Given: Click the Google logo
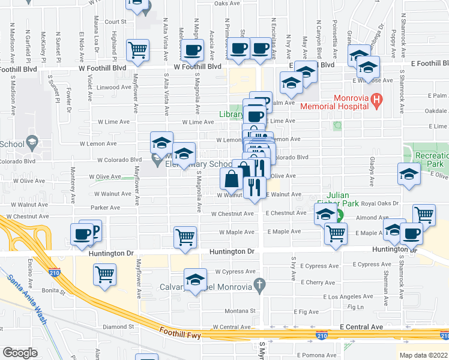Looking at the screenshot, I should [x=20, y=353].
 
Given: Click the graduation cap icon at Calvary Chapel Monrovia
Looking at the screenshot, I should [x=195, y=281].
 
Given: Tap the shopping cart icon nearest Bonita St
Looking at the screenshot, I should [x=105, y=274].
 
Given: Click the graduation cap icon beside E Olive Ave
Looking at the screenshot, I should [x=409, y=174].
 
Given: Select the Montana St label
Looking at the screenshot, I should [x=240, y=311].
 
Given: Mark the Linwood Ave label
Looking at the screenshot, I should [x=114, y=87].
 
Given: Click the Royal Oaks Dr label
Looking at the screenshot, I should [x=384, y=203].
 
